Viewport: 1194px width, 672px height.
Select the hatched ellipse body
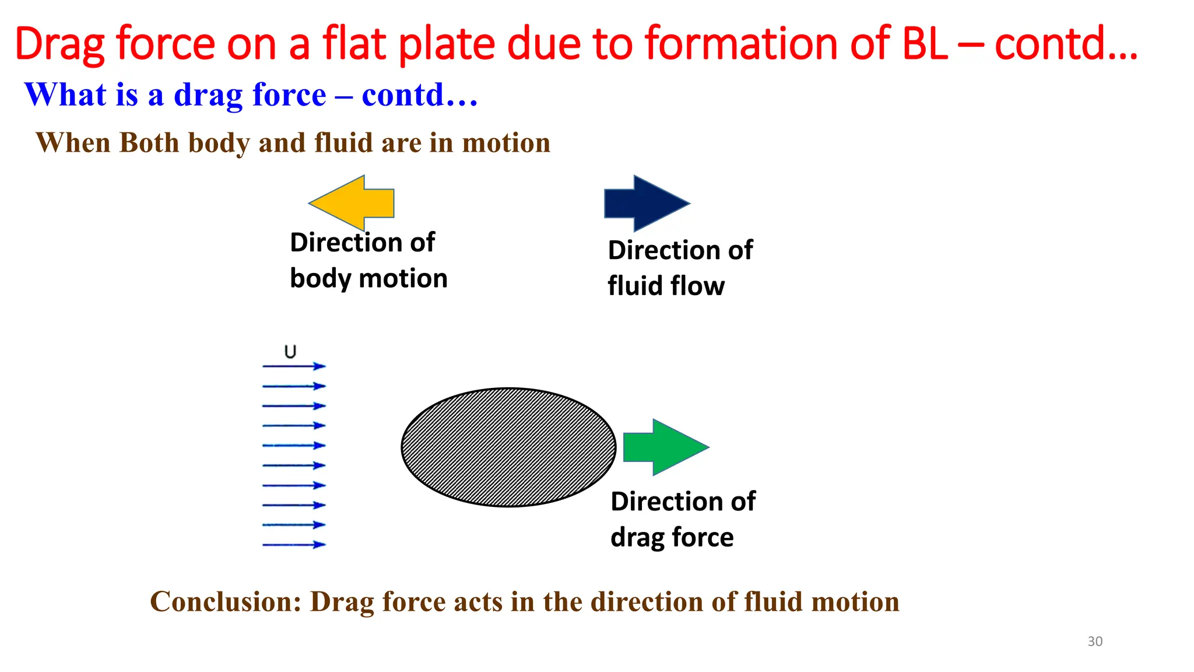click(x=508, y=447)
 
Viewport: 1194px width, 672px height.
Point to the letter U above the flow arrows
click(x=290, y=352)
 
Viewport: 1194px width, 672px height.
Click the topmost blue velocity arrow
click(x=294, y=366)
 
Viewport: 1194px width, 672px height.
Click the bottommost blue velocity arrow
click(x=294, y=545)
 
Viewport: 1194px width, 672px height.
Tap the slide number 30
click(x=1095, y=641)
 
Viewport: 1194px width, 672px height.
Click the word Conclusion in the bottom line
click(x=226, y=601)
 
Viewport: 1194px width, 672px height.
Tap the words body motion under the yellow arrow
click(x=368, y=279)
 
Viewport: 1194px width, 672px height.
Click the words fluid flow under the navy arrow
click(x=666, y=286)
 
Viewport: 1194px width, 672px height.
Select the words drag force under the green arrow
click(x=672, y=537)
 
